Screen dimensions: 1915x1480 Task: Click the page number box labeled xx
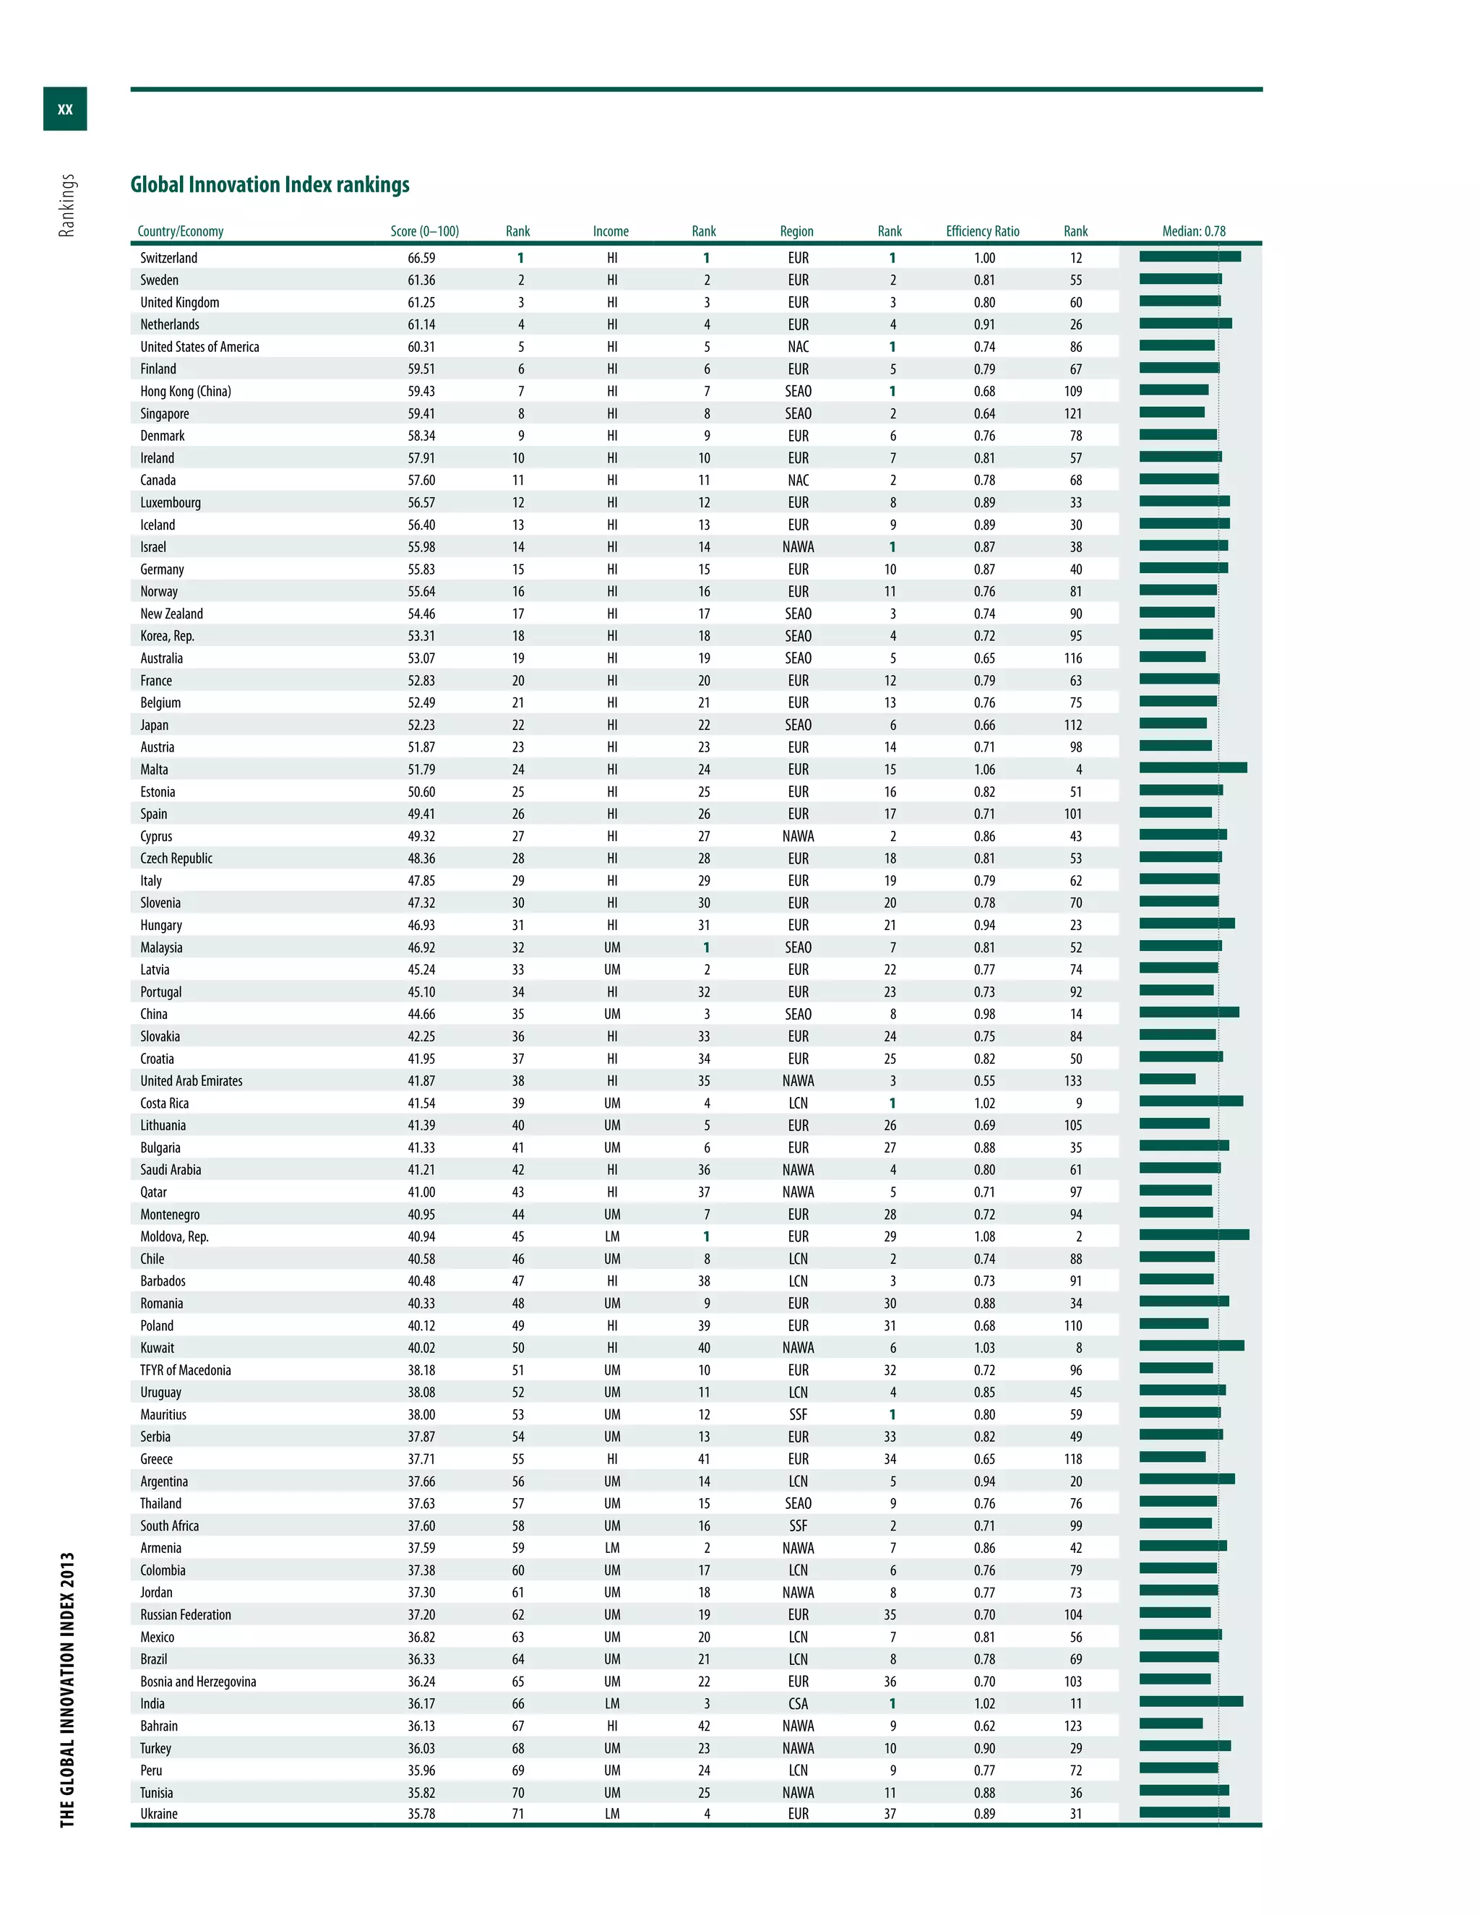coord(65,108)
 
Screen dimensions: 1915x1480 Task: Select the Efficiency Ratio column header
coord(982,231)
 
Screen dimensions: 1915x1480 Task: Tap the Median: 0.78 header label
coord(1193,231)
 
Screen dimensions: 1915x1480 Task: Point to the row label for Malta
coord(155,769)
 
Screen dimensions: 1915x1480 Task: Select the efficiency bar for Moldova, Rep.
coord(1193,1234)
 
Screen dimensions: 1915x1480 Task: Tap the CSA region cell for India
coord(798,1704)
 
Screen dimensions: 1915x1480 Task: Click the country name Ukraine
coord(159,1813)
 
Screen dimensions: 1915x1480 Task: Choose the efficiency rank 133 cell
coord(1073,1081)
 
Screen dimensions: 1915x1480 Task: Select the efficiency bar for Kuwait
coord(1191,1345)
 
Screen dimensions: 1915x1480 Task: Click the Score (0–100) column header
coord(424,231)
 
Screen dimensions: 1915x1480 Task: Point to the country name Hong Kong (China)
coord(185,391)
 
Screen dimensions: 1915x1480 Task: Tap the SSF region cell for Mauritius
coord(798,1414)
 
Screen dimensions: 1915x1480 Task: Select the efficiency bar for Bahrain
coord(1171,1723)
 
